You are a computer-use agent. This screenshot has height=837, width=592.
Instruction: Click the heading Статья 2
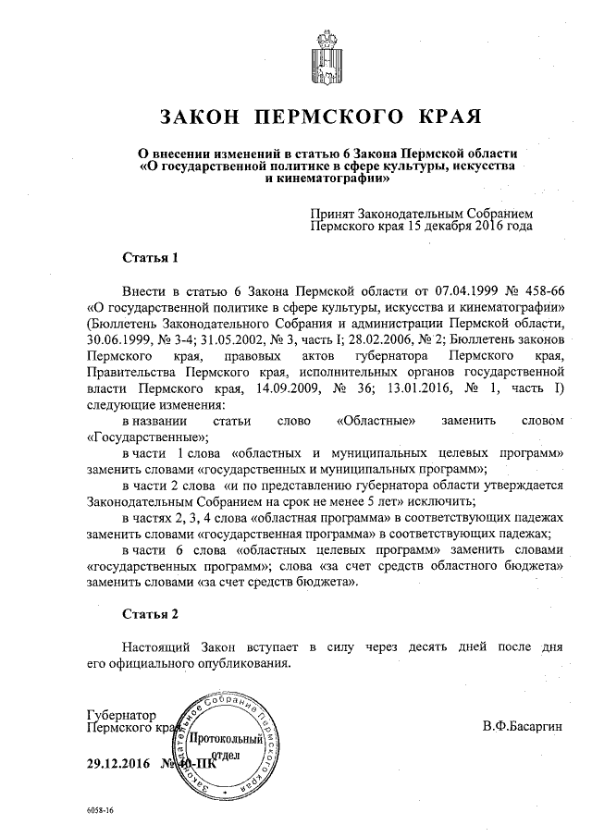(148, 613)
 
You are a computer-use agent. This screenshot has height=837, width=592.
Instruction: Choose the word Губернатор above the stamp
(119, 715)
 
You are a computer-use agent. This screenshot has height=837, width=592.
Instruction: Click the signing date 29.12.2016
(117, 764)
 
